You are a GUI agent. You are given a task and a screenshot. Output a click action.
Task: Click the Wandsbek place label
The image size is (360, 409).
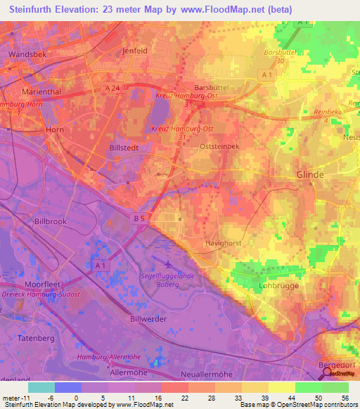click(27, 53)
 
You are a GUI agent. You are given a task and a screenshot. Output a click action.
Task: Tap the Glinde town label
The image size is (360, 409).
click(310, 175)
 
